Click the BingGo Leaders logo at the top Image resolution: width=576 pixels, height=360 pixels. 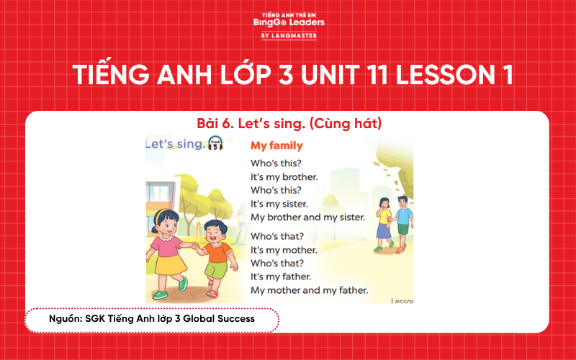click(x=289, y=24)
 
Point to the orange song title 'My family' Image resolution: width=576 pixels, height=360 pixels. click(x=276, y=145)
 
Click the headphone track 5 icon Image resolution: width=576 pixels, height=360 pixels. click(x=214, y=143)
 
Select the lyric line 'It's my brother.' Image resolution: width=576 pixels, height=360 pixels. click(x=284, y=176)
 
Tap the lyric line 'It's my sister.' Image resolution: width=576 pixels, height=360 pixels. click(x=279, y=204)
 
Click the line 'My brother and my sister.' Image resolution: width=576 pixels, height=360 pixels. click(x=307, y=217)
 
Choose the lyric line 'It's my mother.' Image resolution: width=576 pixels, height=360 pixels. click(x=284, y=250)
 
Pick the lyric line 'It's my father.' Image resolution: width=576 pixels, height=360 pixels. click(x=281, y=276)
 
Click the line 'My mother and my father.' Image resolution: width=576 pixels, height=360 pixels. click(x=309, y=290)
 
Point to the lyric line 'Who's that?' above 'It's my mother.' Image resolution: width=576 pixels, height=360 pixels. click(x=277, y=236)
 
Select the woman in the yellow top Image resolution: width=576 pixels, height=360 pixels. click(x=384, y=220)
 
